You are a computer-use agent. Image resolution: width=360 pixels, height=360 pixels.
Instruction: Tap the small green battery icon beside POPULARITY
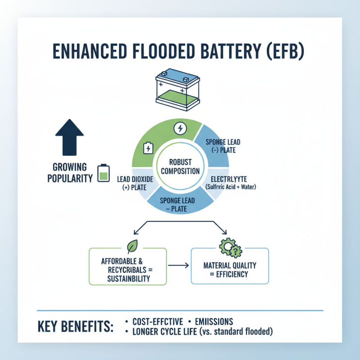click(x=104, y=173)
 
